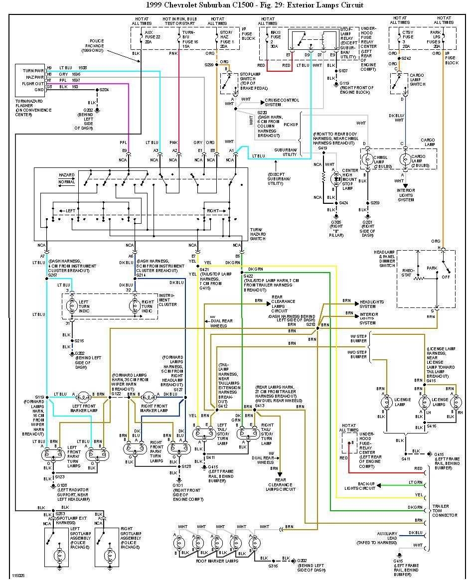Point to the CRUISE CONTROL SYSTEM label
pyautogui.click(x=282, y=102)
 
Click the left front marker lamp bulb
pyautogui.click(x=82, y=397)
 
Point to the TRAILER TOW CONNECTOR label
pyautogui.click(x=444, y=511)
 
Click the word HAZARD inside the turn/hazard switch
pyautogui.click(x=66, y=175)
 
